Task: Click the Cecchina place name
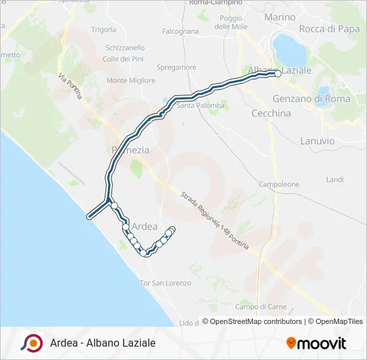(271, 113)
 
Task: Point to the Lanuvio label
(318, 141)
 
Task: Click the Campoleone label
(279, 184)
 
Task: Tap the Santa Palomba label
(200, 105)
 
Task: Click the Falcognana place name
(180, 31)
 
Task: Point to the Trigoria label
(103, 29)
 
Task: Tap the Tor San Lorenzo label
(165, 283)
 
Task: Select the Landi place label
(334, 180)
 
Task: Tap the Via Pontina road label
(69, 86)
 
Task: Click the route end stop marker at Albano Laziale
(278, 75)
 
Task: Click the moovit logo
(316, 343)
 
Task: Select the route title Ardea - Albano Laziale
(102, 343)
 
